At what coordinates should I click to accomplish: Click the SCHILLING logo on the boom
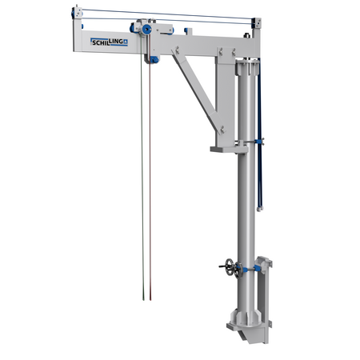[108, 42]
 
